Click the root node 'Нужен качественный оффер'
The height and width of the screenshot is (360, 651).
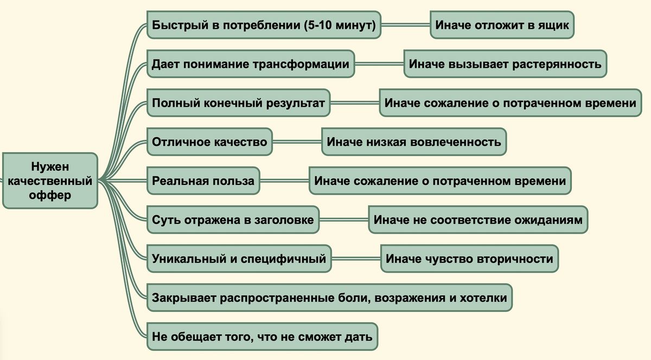click(x=50, y=181)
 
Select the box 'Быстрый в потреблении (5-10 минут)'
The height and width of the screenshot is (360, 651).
click(x=264, y=25)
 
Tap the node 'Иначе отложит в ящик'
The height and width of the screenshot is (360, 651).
click(x=502, y=25)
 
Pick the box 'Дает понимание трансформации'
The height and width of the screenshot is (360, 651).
click(x=251, y=64)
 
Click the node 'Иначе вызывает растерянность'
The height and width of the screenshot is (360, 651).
click(x=505, y=64)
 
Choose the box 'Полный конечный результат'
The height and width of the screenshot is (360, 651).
click(x=238, y=103)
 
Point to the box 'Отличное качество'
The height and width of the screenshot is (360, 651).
click(x=209, y=142)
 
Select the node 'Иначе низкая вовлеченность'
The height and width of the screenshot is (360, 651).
click(x=414, y=142)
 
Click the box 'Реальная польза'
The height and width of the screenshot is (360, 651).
click(x=203, y=181)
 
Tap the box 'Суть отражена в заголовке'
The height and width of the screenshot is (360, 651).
click(x=233, y=220)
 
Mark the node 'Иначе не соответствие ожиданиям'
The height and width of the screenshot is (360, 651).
click(x=478, y=220)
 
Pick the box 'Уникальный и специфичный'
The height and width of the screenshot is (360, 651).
click(x=239, y=259)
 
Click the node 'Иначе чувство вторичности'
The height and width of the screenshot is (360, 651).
click(x=469, y=259)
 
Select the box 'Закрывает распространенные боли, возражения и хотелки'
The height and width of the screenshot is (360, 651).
click(x=330, y=298)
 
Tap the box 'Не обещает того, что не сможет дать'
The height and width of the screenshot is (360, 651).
click(x=262, y=337)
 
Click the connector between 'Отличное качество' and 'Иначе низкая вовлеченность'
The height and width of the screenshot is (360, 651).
click(x=297, y=142)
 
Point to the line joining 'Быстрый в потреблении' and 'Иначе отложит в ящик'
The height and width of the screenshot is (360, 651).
click(x=406, y=25)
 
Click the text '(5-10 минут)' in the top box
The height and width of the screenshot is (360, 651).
click(x=340, y=25)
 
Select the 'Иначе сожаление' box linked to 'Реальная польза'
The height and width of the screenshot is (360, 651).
click(x=440, y=181)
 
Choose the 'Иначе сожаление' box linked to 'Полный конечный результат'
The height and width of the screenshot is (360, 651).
click(x=510, y=103)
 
